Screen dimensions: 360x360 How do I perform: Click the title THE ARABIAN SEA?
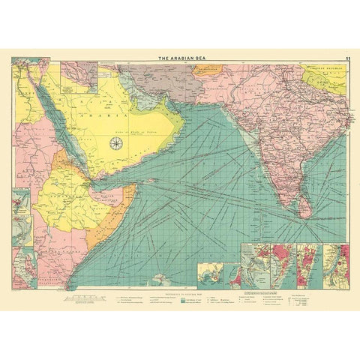pyautogui.click(x=180, y=58)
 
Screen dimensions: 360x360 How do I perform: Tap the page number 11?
pyautogui.click(x=345, y=58)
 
